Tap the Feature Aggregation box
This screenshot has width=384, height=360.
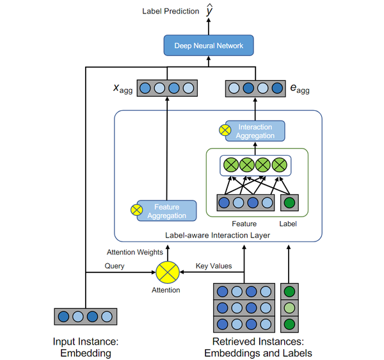pos(166,211)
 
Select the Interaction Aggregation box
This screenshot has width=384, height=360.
pos(255,131)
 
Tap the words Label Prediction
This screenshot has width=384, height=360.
pos(171,11)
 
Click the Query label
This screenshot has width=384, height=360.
pos(115,266)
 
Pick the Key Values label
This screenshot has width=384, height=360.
pos(214,266)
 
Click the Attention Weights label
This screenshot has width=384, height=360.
pos(135,252)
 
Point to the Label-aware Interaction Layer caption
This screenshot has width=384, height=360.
pos(218,235)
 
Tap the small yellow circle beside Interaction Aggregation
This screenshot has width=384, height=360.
pos(225,130)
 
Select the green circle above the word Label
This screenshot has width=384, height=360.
pos(289,204)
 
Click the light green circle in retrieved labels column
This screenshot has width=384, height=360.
pos(289,307)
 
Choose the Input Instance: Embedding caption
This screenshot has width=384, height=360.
pos(86,347)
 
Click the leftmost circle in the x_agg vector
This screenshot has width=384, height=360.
pos(145,88)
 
